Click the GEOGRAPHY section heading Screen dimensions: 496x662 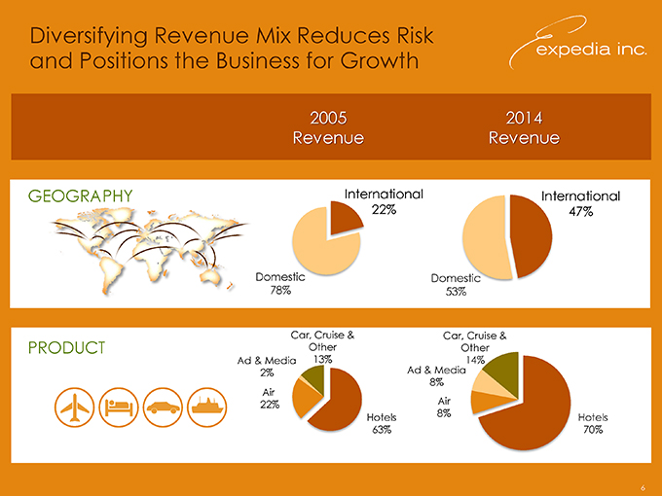81,197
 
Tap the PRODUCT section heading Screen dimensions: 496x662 67,348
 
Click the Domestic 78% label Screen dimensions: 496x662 279,285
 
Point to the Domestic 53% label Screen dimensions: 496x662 455,285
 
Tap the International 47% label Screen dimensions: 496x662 580,203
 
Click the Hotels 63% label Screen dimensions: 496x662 382,424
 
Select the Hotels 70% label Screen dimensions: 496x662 592,424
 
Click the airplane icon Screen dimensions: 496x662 74,407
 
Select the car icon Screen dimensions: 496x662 162,407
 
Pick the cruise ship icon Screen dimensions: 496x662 206,407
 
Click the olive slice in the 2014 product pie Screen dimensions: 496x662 505,368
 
